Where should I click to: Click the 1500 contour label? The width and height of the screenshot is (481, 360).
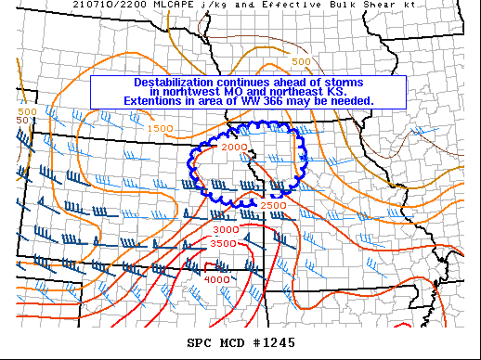coord(160,128)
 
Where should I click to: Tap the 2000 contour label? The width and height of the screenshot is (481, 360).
coord(235,148)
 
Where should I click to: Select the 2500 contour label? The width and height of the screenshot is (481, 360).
coord(273,205)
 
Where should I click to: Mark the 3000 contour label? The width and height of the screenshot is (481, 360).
coord(226,229)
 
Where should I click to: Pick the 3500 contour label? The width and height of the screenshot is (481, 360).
coord(226,244)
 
